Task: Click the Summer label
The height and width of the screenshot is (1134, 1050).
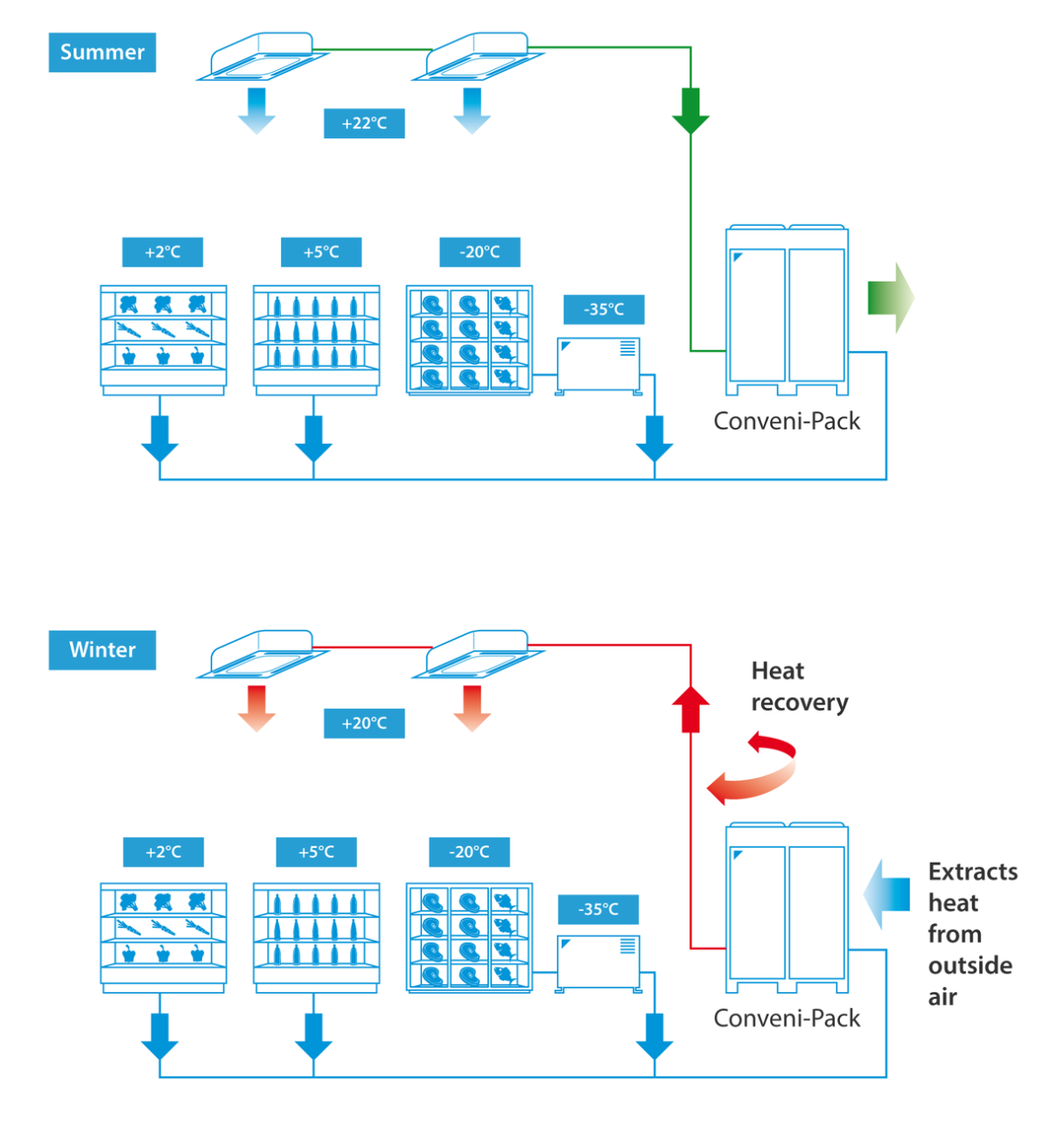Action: (x=102, y=52)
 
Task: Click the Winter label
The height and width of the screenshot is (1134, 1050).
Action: (x=102, y=649)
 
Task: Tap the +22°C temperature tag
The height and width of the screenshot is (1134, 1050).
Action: (x=364, y=123)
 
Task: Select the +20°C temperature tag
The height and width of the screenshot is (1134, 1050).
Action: (x=364, y=723)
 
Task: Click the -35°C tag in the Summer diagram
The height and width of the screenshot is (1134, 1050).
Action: (x=603, y=309)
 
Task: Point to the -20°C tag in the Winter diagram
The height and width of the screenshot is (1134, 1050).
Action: (x=469, y=851)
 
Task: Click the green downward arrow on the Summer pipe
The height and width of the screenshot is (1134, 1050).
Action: (x=690, y=111)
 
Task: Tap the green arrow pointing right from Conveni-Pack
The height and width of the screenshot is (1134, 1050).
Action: (x=890, y=298)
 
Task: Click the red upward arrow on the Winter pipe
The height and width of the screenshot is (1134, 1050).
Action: (x=690, y=708)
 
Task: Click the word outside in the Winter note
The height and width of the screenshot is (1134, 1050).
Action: (x=970, y=965)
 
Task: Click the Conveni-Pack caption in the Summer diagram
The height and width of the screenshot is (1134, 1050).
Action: (x=787, y=421)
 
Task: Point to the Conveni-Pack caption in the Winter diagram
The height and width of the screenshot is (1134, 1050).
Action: (x=787, y=1018)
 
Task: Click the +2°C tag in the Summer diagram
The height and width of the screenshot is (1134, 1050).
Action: (x=162, y=252)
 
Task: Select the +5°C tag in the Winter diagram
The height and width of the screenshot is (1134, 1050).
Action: (x=315, y=851)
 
